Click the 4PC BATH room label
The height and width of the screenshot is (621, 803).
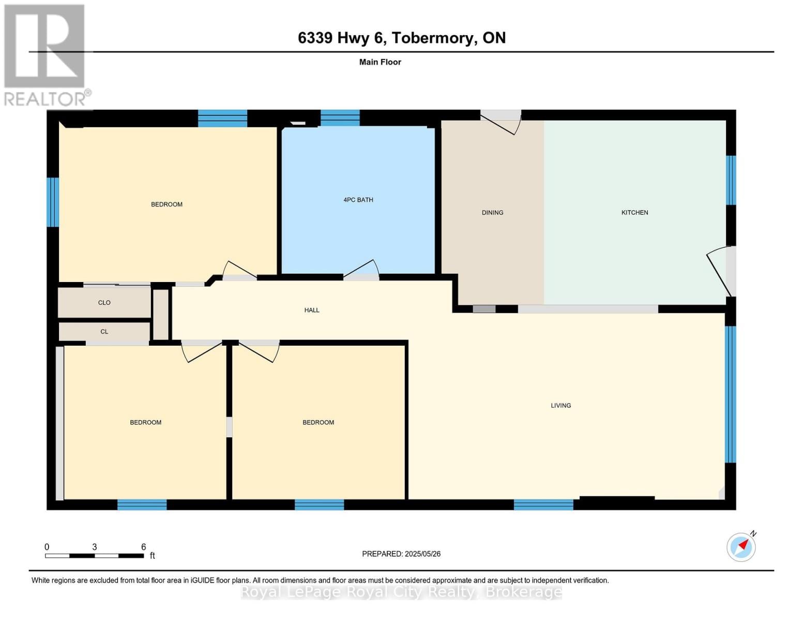pyautogui.click(x=358, y=200)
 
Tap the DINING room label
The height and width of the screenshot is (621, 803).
pyautogui.click(x=492, y=213)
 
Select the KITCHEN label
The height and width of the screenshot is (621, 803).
pyautogui.click(x=634, y=213)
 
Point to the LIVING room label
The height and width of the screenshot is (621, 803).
pyautogui.click(x=560, y=406)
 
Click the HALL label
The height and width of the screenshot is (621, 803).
pyautogui.click(x=311, y=310)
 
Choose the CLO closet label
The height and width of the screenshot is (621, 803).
pyautogui.click(x=104, y=303)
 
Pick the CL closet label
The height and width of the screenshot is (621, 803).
pyautogui.click(x=104, y=332)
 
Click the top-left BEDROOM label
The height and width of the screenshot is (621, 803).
pyautogui.click(x=166, y=204)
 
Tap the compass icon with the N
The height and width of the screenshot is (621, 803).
pyautogui.click(x=741, y=546)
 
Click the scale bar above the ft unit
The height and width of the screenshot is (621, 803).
pyautogui.click(x=94, y=556)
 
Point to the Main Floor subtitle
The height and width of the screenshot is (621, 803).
pyautogui.click(x=380, y=62)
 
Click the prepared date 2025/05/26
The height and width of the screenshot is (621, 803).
pyautogui.click(x=422, y=554)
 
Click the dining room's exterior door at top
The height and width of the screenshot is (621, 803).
pyautogui.click(x=501, y=122)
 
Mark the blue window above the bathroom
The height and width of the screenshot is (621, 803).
pyautogui.click(x=340, y=118)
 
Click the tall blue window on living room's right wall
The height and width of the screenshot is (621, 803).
pyautogui.click(x=730, y=394)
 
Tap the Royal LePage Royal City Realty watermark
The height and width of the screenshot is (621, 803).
pyautogui.click(x=401, y=592)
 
